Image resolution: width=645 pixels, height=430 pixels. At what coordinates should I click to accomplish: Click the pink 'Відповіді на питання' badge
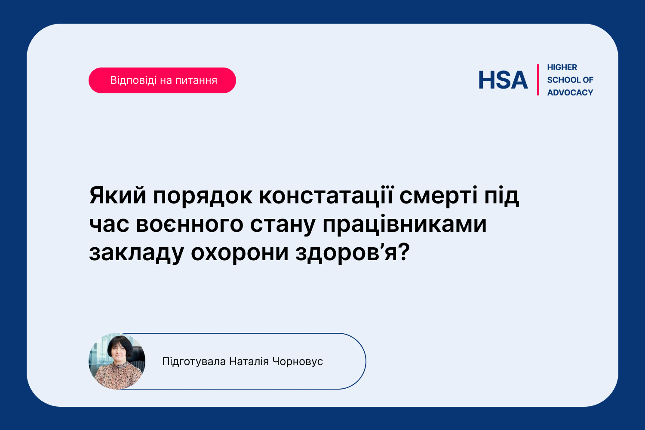click(162, 80)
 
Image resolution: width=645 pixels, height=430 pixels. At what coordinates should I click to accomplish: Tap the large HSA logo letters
click(503, 80)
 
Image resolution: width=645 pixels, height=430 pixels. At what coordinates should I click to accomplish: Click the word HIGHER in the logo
click(562, 68)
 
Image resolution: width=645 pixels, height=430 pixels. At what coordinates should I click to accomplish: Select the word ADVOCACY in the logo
click(570, 93)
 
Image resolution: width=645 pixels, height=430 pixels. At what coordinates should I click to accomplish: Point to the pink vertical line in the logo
click(538, 80)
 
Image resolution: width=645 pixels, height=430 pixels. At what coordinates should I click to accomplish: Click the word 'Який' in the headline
click(118, 196)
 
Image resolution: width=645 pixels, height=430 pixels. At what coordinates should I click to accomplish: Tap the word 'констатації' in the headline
click(326, 196)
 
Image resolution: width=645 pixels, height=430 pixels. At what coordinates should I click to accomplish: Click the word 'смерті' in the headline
click(439, 196)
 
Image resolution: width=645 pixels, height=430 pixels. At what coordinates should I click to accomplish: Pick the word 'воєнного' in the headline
click(190, 224)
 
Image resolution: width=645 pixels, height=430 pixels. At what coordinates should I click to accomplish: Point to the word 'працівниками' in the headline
click(405, 224)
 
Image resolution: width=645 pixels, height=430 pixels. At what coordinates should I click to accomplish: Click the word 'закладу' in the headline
click(136, 253)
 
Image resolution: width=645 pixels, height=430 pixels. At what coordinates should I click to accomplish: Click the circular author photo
click(117, 361)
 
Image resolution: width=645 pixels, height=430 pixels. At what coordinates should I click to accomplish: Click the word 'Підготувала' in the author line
click(194, 362)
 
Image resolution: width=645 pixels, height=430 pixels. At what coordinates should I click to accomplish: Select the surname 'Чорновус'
click(298, 362)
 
